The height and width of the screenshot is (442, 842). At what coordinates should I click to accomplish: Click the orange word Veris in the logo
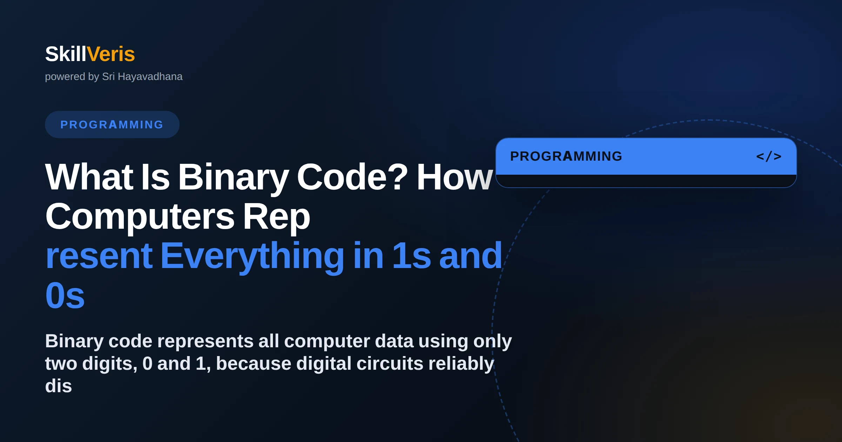(111, 54)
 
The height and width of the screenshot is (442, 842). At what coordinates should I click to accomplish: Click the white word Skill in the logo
(66, 54)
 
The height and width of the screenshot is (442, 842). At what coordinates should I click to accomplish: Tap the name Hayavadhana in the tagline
(150, 76)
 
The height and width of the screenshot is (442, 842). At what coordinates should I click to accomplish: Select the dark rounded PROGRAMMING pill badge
(112, 125)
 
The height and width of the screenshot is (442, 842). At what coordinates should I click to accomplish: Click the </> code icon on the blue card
(769, 156)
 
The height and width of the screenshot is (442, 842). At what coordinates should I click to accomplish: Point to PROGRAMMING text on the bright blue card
(566, 156)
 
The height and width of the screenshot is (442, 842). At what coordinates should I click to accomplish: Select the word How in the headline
(455, 177)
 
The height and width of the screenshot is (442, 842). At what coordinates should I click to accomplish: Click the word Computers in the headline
(140, 217)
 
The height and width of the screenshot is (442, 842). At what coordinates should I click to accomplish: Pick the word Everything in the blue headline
(252, 256)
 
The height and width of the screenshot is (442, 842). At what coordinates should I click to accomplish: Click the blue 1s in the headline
(412, 256)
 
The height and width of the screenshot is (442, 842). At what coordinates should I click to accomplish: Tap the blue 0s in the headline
(65, 295)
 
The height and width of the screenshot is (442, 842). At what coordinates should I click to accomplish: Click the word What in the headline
(89, 177)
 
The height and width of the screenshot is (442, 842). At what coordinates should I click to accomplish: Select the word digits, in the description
(109, 364)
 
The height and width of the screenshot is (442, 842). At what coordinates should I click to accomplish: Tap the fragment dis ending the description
(59, 386)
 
